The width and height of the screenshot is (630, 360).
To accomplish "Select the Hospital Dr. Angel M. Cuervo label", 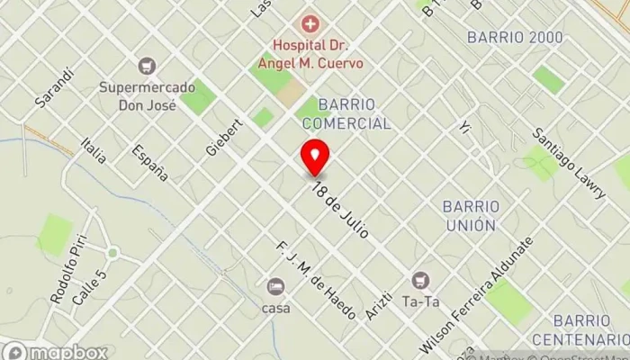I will (310, 54).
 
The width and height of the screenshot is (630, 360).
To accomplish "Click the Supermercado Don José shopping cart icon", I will (146, 66).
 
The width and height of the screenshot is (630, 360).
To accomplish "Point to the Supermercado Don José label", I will (146, 96).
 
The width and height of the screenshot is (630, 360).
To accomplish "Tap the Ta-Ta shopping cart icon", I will (420, 279).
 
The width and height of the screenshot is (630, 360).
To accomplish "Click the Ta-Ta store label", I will (420, 303).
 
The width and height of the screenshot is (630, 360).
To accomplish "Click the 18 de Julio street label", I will (342, 211).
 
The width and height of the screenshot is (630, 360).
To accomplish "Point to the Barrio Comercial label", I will (346, 113).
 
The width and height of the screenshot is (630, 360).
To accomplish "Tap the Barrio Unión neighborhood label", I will (469, 215).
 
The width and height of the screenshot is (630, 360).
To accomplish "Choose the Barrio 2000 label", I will (515, 37).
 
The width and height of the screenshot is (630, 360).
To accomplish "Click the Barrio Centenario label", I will (580, 329).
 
